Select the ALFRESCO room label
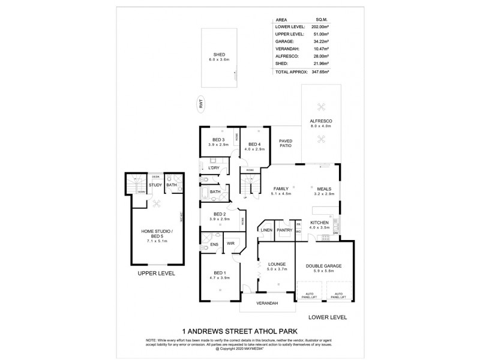click(x=320, y=121)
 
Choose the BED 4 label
click(x=254, y=145)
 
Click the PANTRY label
click(x=284, y=230)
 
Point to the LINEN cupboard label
click(x=267, y=230)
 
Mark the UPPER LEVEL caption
click(x=157, y=272)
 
